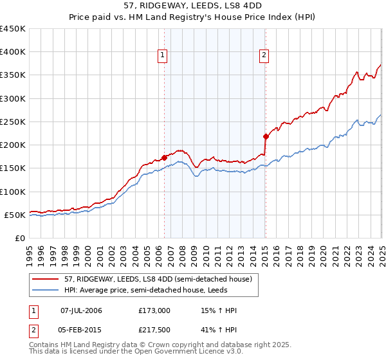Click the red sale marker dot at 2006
pyautogui.click(x=164, y=157)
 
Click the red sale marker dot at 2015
pyautogui.click(x=265, y=136)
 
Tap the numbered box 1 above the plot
pyautogui.click(x=163, y=56)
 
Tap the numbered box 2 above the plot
pyautogui.click(x=264, y=56)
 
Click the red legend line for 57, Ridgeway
pyautogui.click(x=46, y=280)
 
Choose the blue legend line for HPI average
pyautogui.click(x=46, y=290)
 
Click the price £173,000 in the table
pyautogui.click(x=154, y=310)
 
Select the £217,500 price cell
pyautogui.click(x=154, y=331)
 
